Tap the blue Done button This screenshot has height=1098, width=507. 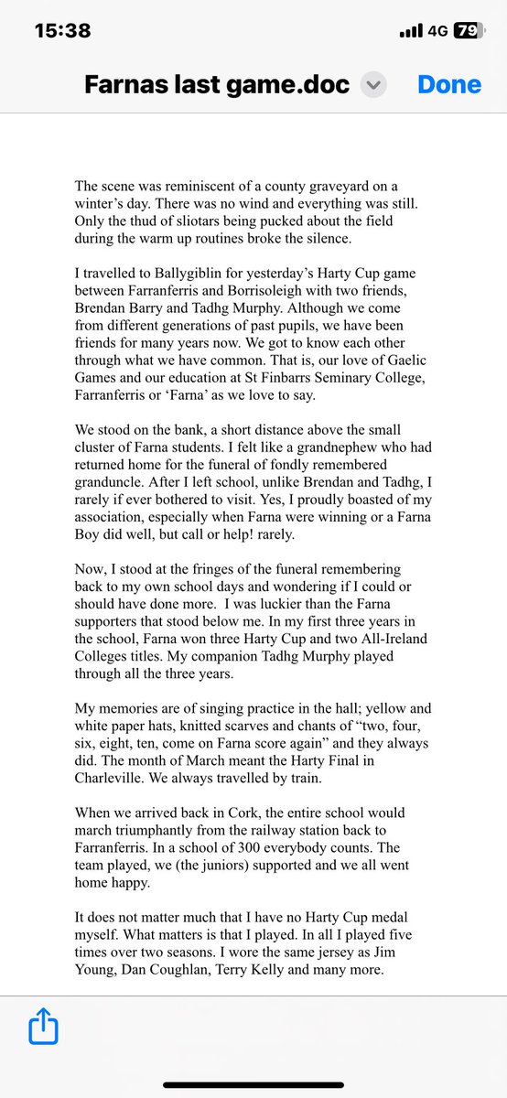tap(448, 84)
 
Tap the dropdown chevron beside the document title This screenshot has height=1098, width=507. tap(373, 85)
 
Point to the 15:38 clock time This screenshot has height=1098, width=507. tap(62, 30)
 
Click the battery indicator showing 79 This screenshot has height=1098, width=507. tap(467, 30)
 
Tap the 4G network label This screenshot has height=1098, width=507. tap(437, 30)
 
